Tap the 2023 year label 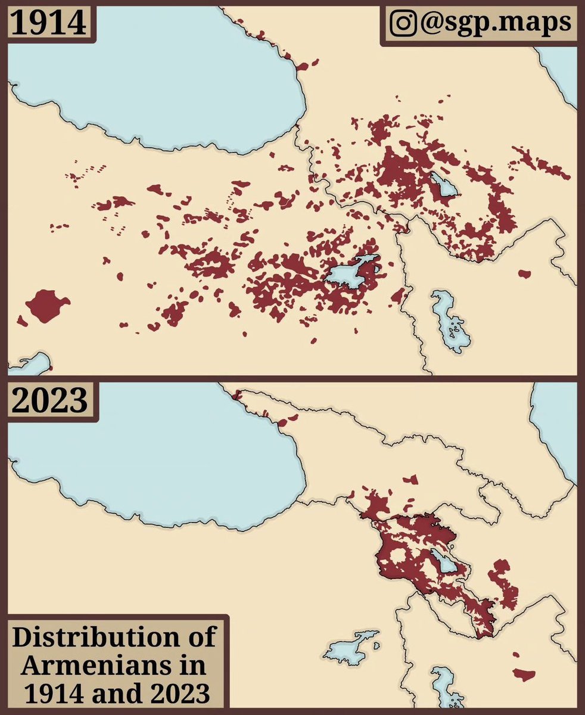pyautogui.click(x=50, y=401)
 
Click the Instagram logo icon pyautogui.click(x=404, y=23)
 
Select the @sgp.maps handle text pyautogui.click(x=494, y=23)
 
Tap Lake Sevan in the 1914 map pyautogui.click(x=444, y=185)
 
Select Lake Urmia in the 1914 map pyautogui.click(x=451, y=322)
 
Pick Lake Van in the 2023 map pyautogui.click(x=351, y=645)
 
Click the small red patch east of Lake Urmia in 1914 pyautogui.click(x=524, y=273)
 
